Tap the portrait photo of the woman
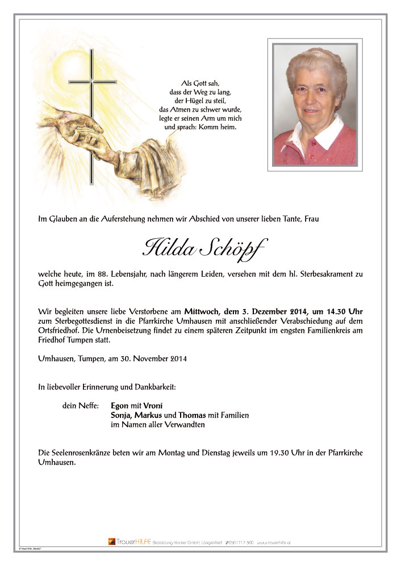point(315,105)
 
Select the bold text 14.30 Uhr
point(341,311)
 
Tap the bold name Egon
point(120,406)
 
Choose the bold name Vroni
point(153,406)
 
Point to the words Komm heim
point(219,127)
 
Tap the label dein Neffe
point(81,406)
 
